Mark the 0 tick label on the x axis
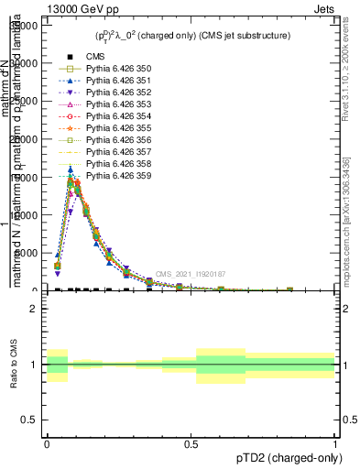pos(47,442)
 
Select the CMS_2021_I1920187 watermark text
pos(191,274)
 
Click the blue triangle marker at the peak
pos(71,169)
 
